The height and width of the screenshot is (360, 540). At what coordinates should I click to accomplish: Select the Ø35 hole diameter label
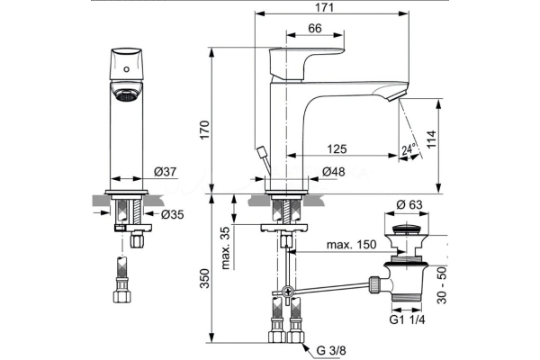tap(172, 214)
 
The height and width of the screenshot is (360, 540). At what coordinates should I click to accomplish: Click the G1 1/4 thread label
tap(406, 318)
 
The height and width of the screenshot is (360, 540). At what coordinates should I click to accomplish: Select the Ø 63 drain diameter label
tap(409, 205)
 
